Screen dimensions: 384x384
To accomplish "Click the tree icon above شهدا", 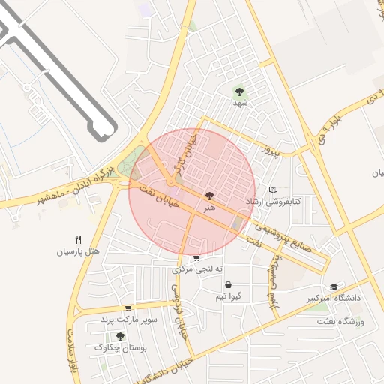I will pos(239,91).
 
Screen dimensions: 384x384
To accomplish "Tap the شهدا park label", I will pos(239,102).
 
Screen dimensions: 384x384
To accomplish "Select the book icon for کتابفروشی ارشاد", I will pos(273,190).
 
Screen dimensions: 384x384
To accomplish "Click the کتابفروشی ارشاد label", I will pos(274,202).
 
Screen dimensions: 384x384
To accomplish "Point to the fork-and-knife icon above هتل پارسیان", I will pos(78,239).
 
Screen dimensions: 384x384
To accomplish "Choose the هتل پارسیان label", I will pos(78,250).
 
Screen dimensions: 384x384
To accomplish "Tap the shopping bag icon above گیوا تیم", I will pos(228,285).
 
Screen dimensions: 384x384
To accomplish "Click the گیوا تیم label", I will pos(228,296).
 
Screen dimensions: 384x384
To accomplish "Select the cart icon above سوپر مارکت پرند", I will pos(128,307).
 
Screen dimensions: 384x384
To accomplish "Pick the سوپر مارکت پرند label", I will pos(130,319).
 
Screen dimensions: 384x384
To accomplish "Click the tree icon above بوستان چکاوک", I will pos(120,336).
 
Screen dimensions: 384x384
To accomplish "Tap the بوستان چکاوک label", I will pos(121,347).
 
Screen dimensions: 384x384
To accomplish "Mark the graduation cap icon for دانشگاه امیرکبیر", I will pos(334,286).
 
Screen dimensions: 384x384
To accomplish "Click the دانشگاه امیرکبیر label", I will pos(333,298).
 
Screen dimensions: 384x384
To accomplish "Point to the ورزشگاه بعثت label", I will pos(346,322).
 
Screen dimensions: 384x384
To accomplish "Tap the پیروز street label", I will pos(269,151).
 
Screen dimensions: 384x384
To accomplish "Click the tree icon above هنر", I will pos(208,195).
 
